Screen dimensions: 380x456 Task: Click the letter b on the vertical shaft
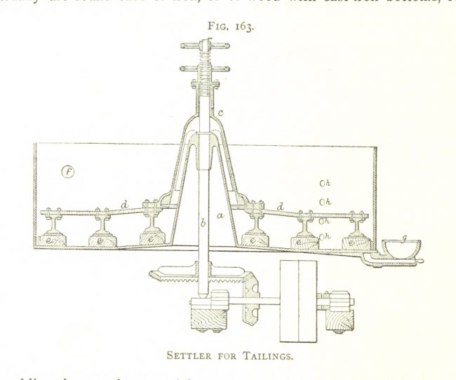click(203, 224)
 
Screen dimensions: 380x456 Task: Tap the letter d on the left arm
click(125, 204)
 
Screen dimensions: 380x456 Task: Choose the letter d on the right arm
click(281, 207)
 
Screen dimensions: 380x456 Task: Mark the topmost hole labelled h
click(323, 184)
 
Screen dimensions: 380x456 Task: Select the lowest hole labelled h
click(323, 236)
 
